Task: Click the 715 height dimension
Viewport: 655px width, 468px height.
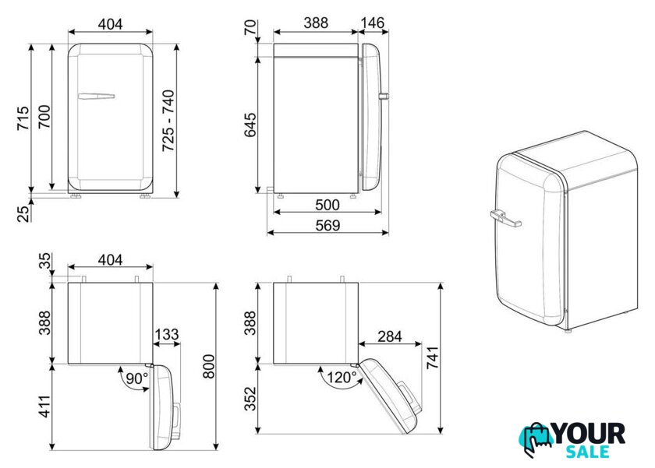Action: tap(23, 118)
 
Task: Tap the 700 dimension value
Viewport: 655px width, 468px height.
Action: tap(44, 117)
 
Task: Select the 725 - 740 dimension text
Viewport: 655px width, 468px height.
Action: tap(168, 121)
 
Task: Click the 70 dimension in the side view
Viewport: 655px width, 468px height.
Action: tap(250, 27)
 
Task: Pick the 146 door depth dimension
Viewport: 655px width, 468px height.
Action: tap(372, 23)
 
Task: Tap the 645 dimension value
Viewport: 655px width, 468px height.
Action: tap(250, 125)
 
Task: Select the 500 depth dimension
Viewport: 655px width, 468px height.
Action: tap(327, 205)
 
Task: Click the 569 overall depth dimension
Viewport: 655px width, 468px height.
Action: tap(328, 225)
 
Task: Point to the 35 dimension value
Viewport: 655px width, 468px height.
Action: tap(44, 261)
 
